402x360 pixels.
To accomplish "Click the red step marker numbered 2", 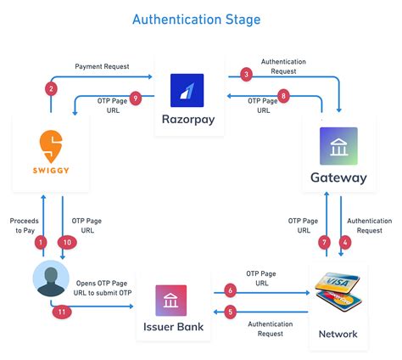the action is (x=51, y=89).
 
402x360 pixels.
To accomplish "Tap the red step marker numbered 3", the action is (x=246, y=75).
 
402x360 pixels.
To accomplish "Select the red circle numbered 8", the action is (x=283, y=96).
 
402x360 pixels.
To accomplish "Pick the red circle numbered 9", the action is (x=136, y=98).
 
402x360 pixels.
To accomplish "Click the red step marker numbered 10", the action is (x=67, y=242).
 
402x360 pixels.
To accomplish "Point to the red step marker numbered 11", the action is (x=62, y=312).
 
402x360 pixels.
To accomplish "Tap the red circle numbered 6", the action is (x=231, y=290).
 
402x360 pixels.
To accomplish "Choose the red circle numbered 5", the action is (x=231, y=312).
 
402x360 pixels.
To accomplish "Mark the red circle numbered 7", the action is (x=324, y=242).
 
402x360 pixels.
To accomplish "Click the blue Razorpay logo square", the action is (x=187, y=90).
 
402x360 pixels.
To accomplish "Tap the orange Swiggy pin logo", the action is (x=51, y=146).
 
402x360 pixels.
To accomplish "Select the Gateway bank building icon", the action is (x=338, y=146).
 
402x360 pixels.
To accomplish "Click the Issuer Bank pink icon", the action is (x=171, y=301).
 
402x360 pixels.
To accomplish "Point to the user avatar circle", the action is (x=51, y=278).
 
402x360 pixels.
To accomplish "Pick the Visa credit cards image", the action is (x=338, y=291).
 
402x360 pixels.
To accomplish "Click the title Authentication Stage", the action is (x=197, y=20).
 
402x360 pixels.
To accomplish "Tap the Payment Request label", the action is (x=102, y=66).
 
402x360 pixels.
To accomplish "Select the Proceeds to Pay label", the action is (x=25, y=226).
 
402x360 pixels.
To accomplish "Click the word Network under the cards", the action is (x=338, y=334).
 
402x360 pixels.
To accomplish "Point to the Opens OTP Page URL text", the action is (x=103, y=288).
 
